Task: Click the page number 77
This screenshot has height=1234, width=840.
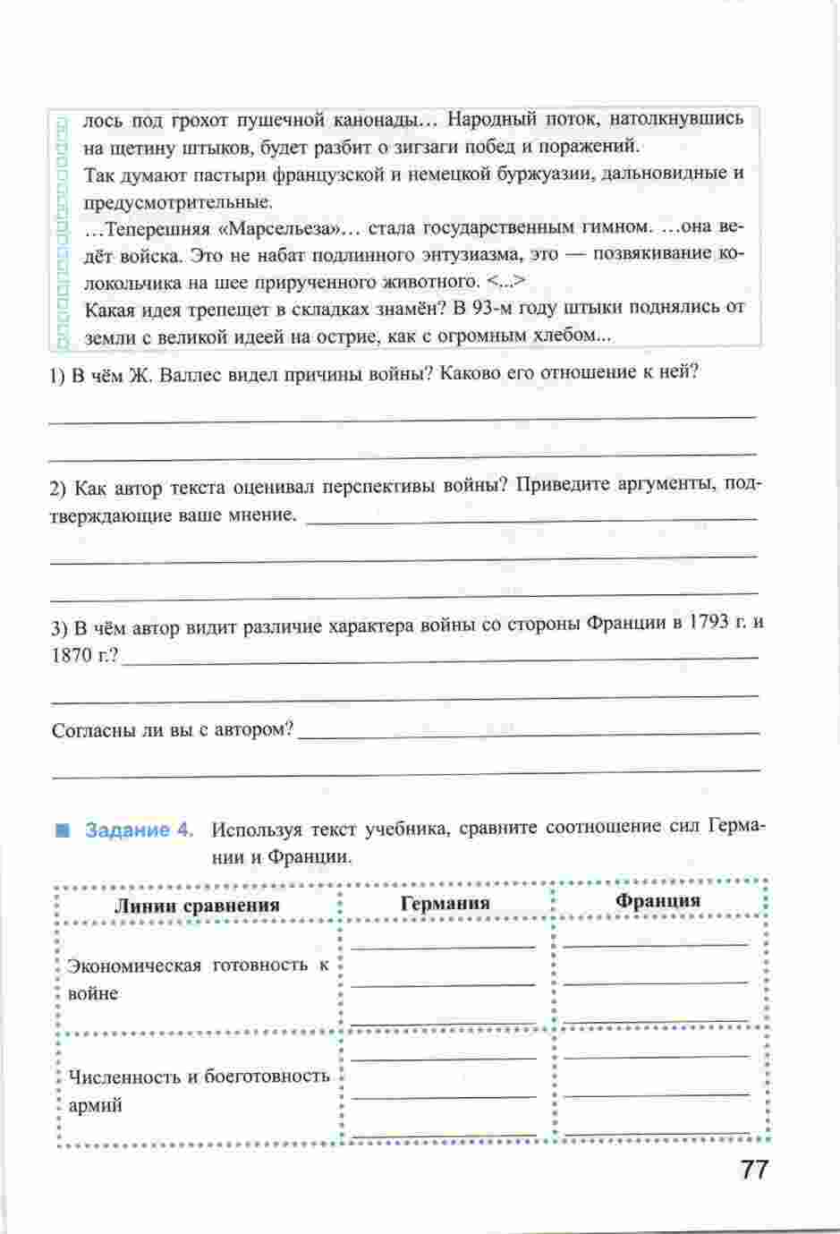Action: coord(754,1170)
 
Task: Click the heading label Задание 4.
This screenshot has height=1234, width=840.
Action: coord(139,830)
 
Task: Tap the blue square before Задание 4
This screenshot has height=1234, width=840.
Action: coord(63,830)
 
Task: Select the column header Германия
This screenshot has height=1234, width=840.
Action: coord(445,903)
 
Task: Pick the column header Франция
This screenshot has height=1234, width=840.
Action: coord(658,900)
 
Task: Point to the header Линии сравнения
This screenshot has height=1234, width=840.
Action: coord(197,905)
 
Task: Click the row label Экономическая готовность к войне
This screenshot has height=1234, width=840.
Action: coord(198,979)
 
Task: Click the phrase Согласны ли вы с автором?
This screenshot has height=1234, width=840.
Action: coord(173,729)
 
